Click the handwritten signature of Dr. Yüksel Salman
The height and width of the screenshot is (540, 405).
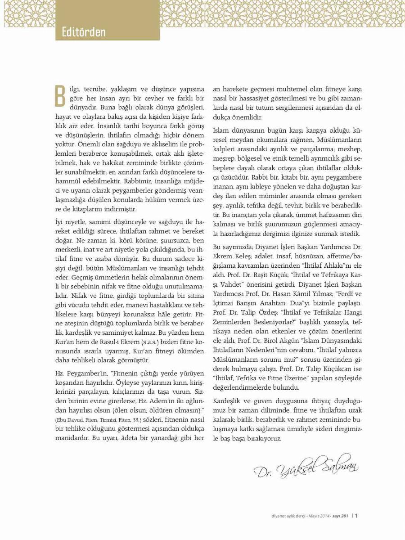306,465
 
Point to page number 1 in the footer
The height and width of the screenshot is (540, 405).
356,516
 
